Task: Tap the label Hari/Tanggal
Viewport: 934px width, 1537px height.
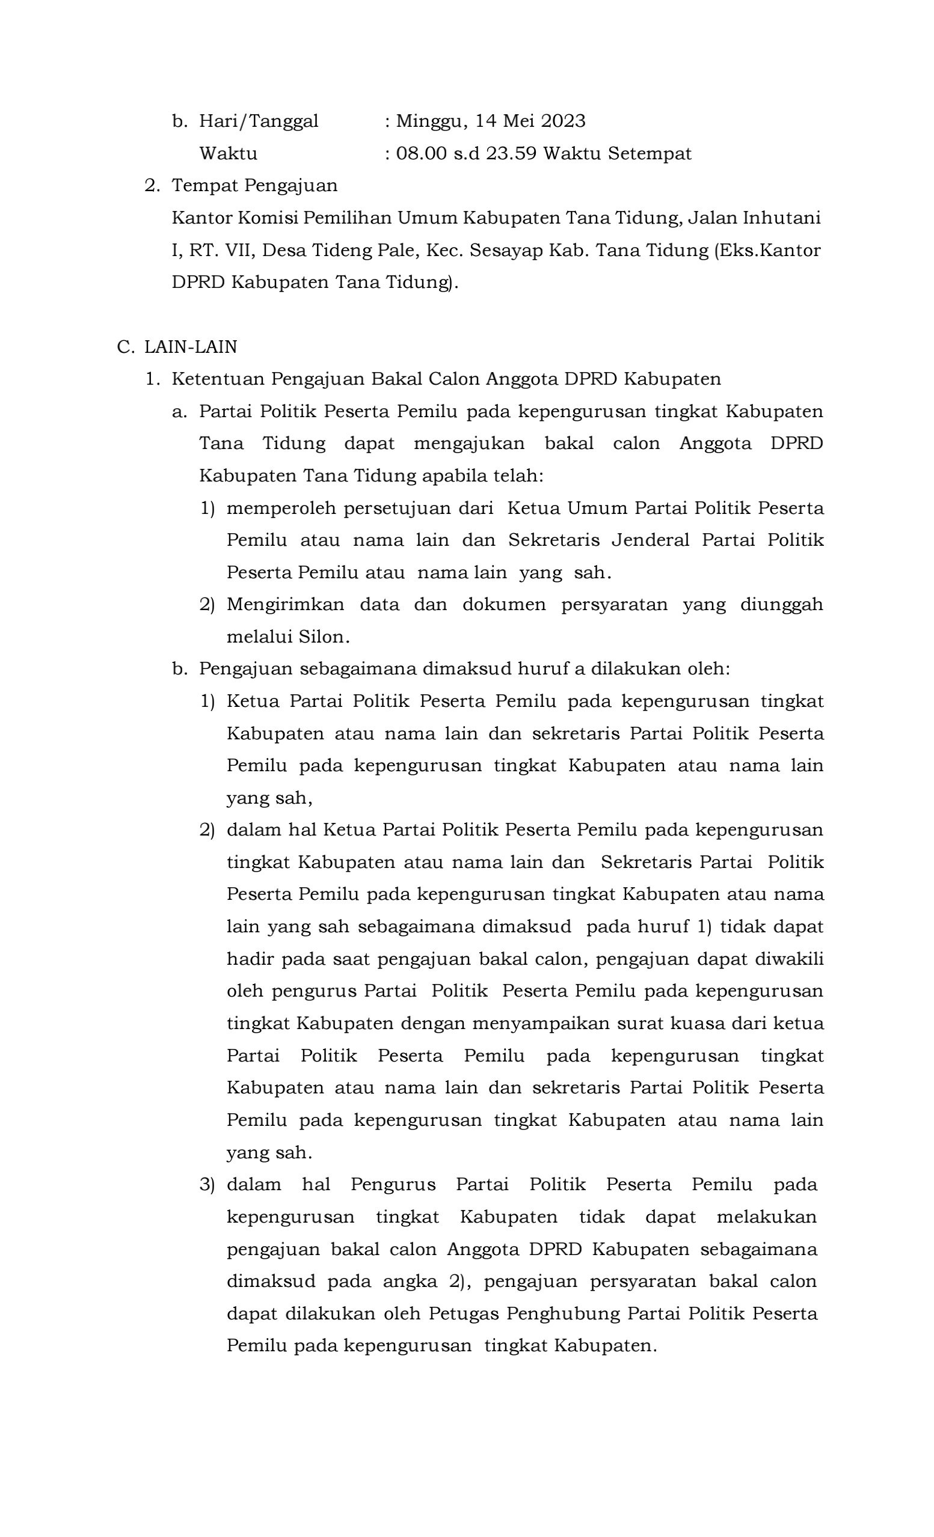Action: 258,121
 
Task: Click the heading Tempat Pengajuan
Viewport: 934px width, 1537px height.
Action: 254,186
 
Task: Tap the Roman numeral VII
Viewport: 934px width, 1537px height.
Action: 236,251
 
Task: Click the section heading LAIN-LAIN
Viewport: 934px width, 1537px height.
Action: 190,347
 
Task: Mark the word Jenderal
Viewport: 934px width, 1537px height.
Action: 650,540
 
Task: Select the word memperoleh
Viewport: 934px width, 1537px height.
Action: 278,509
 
